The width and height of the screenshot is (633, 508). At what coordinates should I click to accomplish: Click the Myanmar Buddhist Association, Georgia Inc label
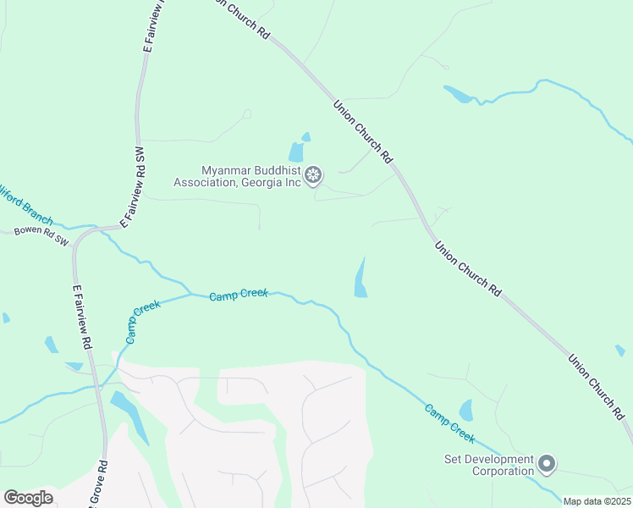[x=239, y=175]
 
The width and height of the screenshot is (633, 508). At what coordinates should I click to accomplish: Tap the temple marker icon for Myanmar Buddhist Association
[x=313, y=175]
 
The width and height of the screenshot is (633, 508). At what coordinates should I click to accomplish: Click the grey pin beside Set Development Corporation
[x=547, y=463]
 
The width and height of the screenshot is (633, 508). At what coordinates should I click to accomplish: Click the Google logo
[x=28, y=497]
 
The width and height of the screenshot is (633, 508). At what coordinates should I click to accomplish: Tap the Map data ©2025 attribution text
[x=597, y=501]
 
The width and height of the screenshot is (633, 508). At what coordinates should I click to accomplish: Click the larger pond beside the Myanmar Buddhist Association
[x=296, y=152]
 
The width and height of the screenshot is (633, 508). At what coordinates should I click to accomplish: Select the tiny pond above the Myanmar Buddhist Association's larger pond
[x=305, y=136]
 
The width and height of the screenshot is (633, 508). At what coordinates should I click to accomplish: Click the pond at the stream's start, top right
[x=458, y=94]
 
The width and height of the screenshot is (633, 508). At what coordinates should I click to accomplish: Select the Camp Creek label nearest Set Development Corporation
[x=449, y=422]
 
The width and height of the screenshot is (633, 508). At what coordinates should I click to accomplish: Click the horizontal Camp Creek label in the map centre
[x=239, y=294]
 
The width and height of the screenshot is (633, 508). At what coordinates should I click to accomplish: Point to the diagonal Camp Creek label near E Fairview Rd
[x=142, y=322]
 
